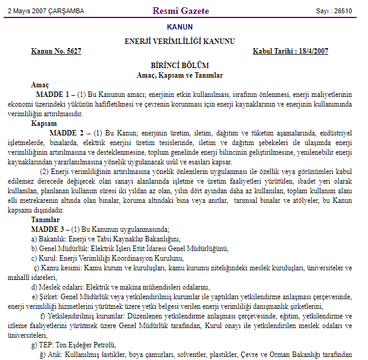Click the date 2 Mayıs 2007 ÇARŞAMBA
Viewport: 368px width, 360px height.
click(x=46, y=11)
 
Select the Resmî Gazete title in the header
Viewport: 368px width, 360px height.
click(x=182, y=11)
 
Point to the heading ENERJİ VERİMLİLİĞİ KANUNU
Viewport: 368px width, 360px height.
click(x=179, y=41)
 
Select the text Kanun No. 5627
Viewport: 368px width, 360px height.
click(x=56, y=51)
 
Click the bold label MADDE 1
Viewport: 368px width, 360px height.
click(x=54, y=95)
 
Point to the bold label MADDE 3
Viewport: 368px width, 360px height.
click(x=49, y=229)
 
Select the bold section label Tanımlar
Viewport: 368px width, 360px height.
click(x=46, y=220)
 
